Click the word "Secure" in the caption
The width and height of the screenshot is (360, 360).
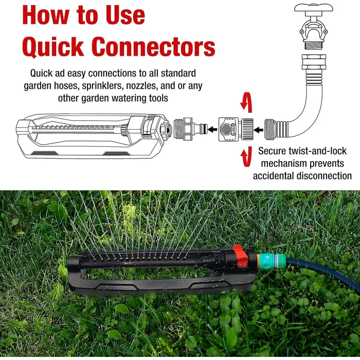tap(274, 151)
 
